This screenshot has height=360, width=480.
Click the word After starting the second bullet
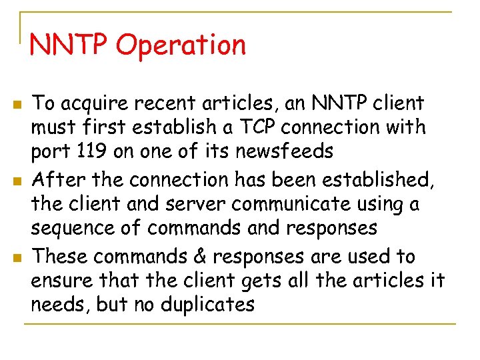[57, 179]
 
